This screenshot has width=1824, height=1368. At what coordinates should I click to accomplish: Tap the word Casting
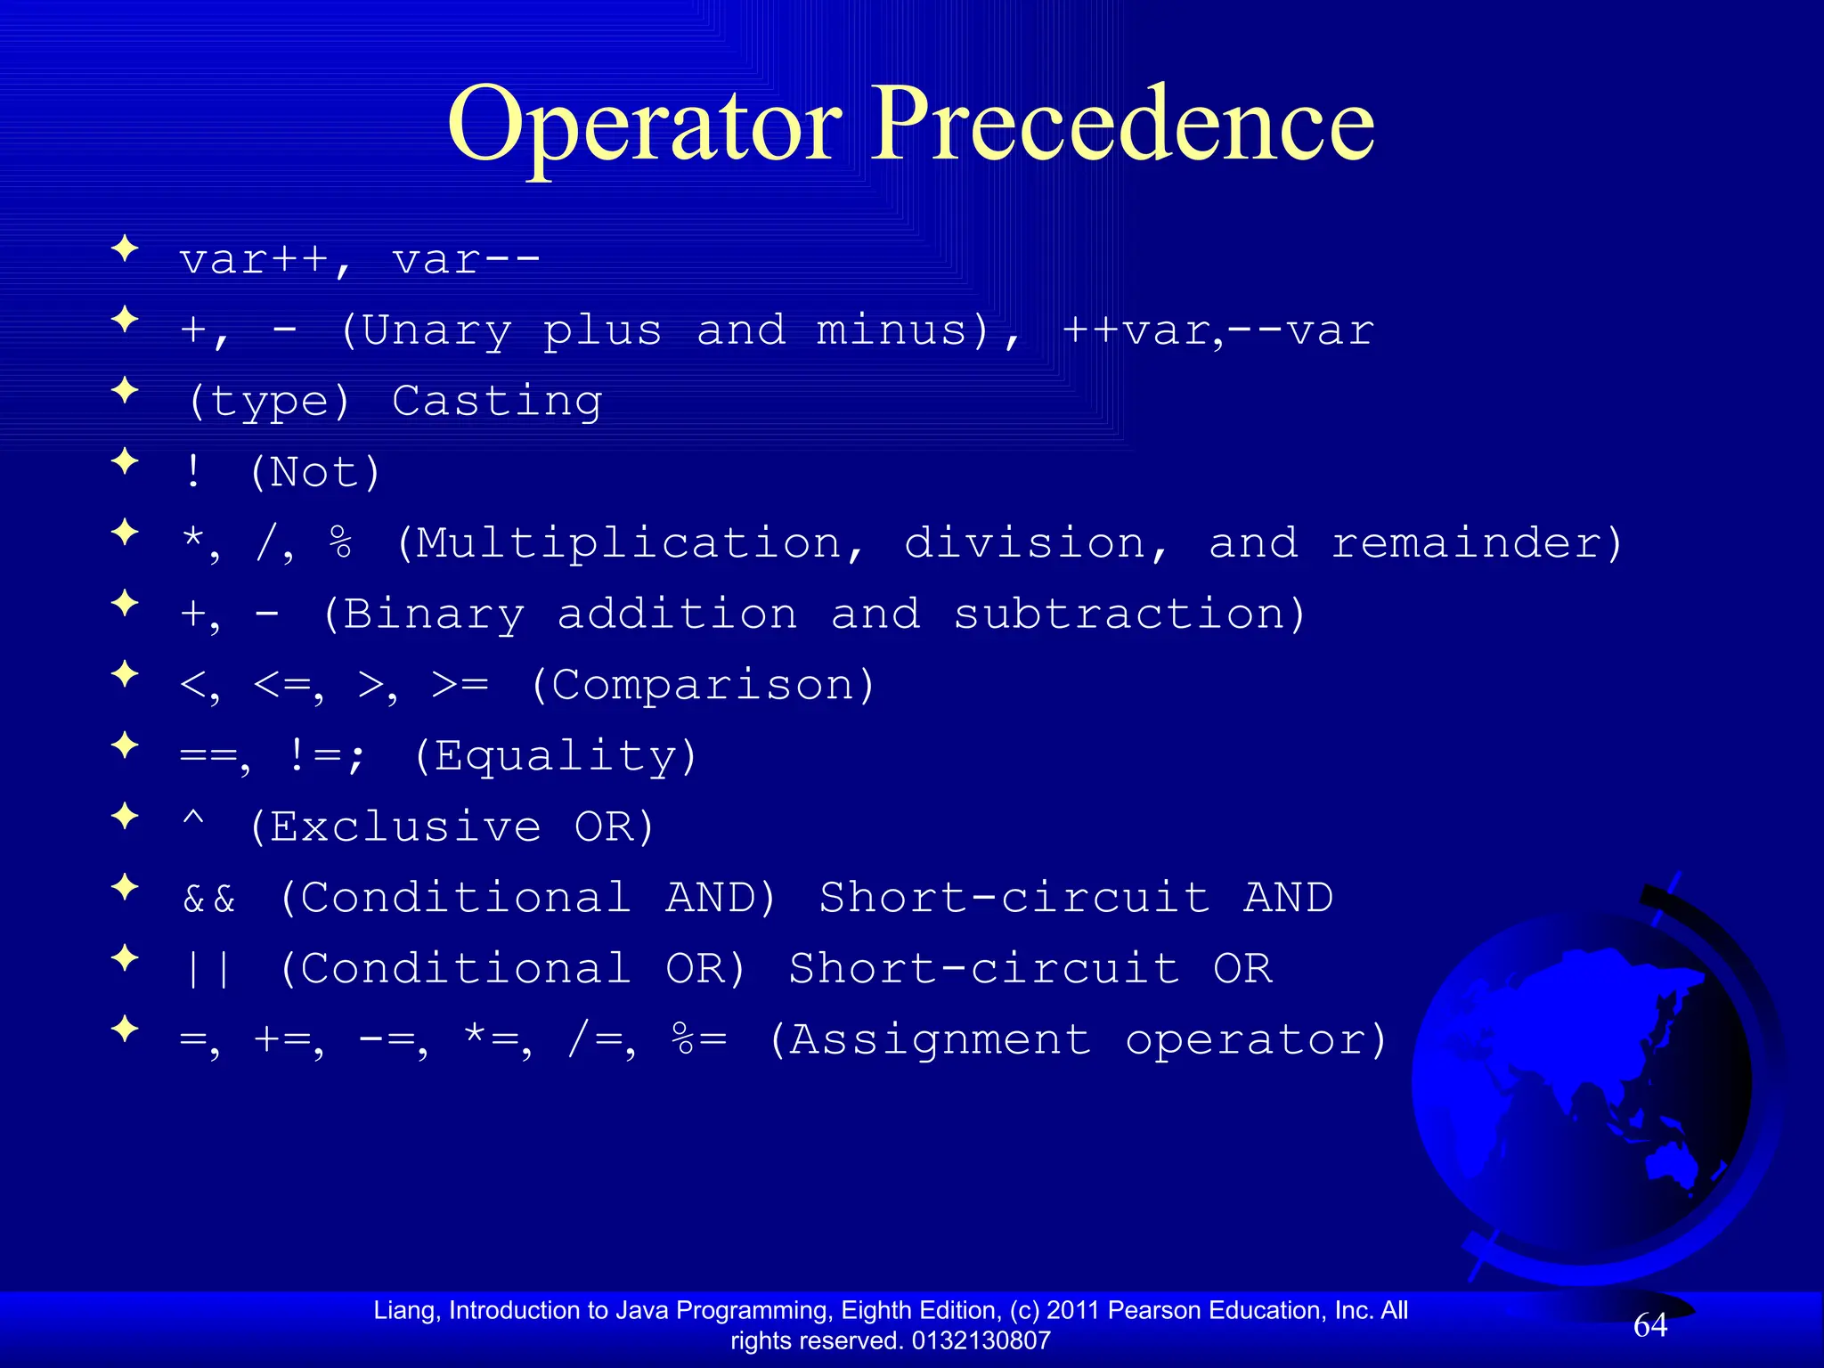pos(497,401)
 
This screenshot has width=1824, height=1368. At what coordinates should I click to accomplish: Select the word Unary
pos(437,330)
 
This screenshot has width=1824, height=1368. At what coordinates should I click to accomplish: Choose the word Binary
pos(434,615)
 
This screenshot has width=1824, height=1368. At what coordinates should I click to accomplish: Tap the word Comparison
pos(703,685)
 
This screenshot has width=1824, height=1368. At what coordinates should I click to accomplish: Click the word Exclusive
pos(406,827)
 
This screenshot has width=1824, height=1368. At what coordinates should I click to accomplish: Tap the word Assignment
pos(940,1040)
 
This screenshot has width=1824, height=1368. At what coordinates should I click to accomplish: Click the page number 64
pos(1650,1326)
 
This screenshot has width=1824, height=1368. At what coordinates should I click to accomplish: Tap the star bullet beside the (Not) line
pos(126,461)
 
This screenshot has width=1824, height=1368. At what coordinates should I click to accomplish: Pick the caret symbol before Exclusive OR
pos(193,818)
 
